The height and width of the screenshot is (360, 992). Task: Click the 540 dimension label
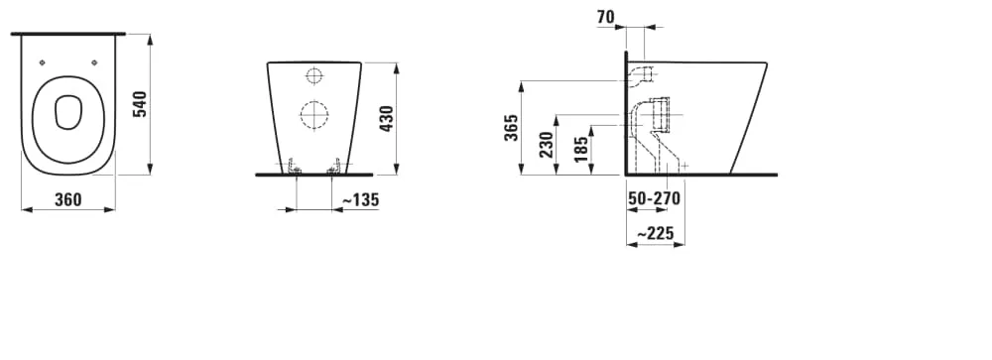(140, 104)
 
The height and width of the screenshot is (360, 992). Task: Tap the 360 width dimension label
(67, 200)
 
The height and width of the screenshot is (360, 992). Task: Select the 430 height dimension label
(386, 118)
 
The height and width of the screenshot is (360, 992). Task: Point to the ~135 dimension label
(360, 200)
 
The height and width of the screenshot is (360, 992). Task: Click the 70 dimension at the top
(605, 17)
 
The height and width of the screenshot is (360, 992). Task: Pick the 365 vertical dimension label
(512, 127)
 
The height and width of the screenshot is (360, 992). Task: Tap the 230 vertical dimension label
(547, 144)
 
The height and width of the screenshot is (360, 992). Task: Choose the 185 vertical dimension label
(581, 150)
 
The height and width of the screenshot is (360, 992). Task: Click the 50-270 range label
(654, 198)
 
